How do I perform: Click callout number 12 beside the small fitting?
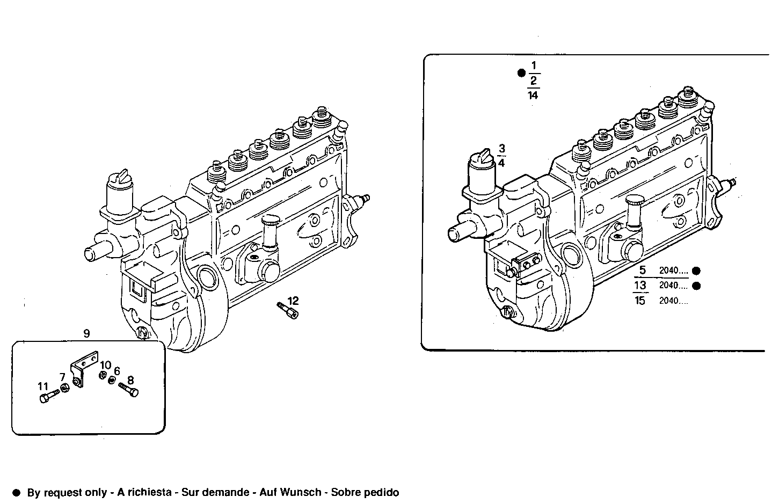(293, 301)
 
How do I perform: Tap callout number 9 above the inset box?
(87, 333)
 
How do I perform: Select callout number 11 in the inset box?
(43, 386)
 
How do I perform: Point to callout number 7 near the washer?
(62, 377)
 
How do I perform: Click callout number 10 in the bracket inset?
(106, 365)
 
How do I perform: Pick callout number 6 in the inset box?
(117, 371)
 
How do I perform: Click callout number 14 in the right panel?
(533, 95)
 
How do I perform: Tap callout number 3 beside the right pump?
(501, 148)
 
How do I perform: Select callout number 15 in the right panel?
(640, 301)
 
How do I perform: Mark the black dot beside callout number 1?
(520, 73)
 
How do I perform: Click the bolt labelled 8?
(128, 389)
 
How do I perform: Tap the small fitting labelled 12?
(288, 311)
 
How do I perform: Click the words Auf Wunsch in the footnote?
(290, 492)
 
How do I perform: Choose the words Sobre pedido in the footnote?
(365, 492)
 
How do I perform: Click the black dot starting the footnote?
(16, 492)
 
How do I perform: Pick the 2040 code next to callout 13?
(673, 286)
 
